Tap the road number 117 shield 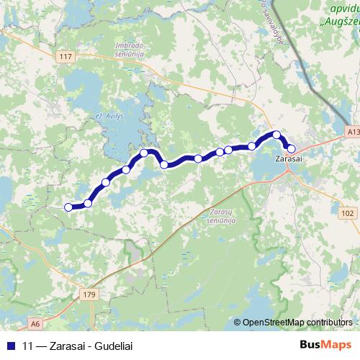click(68, 56)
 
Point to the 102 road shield click(348, 213)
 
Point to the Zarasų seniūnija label click(219, 217)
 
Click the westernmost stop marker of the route click(68, 207)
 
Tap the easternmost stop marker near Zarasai click(291, 149)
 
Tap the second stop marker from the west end click(88, 203)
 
